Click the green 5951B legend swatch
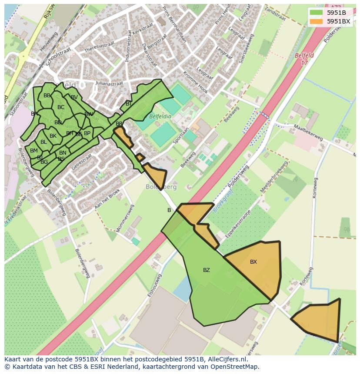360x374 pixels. (x=316, y=13)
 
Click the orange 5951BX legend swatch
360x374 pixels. (x=316, y=21)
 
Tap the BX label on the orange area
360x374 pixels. (x=253, y=262)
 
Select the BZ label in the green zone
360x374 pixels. (x=207, y=270)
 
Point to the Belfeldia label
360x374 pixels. (x=160, y=117)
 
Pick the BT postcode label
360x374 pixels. (x=129, y=104)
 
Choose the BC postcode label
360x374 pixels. (x=61, y=107)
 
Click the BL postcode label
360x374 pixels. (x=43, y=142)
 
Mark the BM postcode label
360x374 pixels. (x=34, y=151)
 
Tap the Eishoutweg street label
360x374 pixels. (x=154, y=285)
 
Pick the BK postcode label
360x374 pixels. (x=53, y=136)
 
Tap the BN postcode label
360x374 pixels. (x=63, y=152)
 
